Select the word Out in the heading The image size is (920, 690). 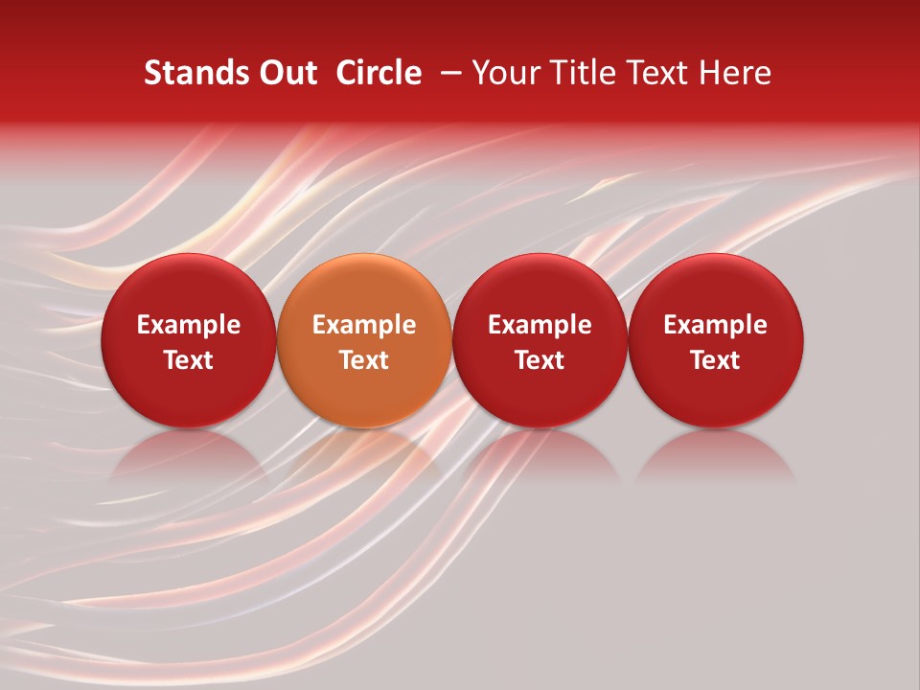[286, 73]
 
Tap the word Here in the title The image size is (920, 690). [736, 73]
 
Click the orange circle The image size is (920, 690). [364, 287]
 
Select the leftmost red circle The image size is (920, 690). [188, 287]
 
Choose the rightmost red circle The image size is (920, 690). [716, 287]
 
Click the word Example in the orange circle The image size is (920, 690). [364, 325]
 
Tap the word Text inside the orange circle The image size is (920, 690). [364, 360]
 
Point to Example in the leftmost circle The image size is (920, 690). [188, 325]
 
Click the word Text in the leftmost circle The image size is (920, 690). [188, 360]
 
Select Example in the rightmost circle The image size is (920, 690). [716, 325]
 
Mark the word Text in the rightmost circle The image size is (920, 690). [716, 360]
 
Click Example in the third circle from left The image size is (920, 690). [540, 325]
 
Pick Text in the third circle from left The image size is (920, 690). [540, 360]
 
